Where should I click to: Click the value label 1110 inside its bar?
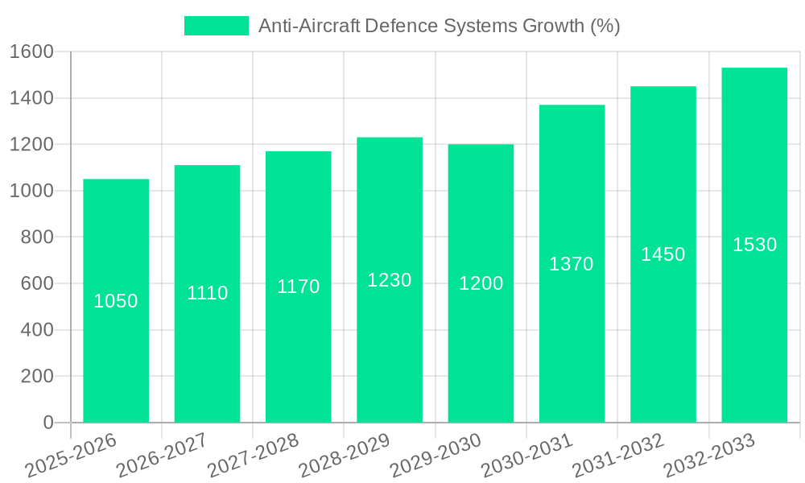(208, 293)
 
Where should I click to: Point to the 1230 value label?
(390, 280)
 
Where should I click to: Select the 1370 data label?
(572, 264)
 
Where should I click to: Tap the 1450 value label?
(663, 254)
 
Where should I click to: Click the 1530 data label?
(754, 245)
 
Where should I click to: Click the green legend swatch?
(217, 26)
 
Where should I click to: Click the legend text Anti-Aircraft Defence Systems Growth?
(439, 26)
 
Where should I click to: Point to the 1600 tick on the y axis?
(32, 52)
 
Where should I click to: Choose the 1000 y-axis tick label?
(32, 191)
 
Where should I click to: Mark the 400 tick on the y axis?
(37, 330)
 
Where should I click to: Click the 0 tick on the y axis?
(47, 423)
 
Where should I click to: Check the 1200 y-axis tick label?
(32, 145)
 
